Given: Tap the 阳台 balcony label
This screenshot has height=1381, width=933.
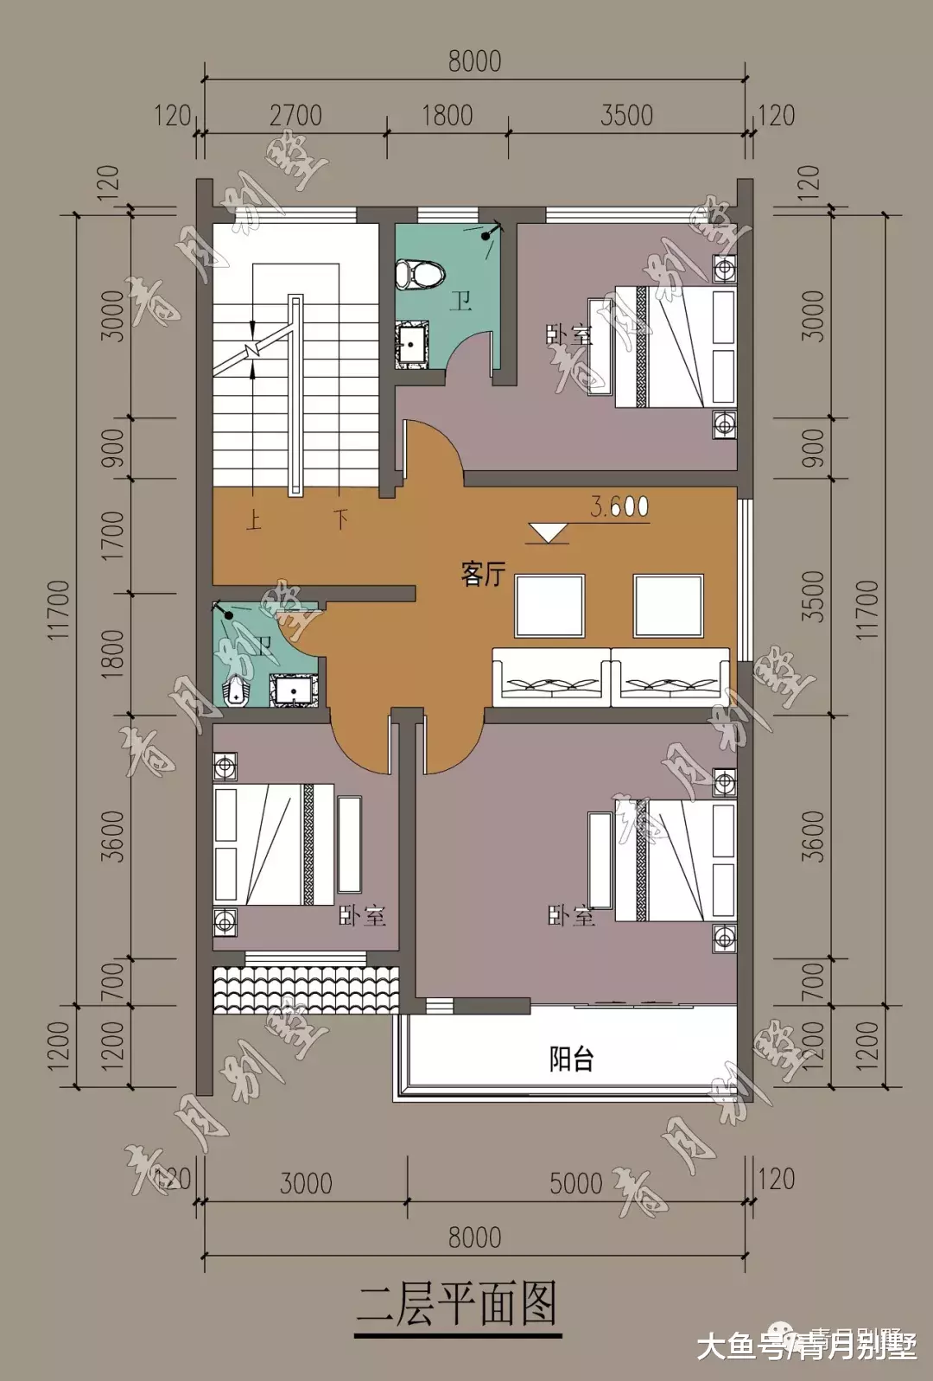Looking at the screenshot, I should click(571, 1059).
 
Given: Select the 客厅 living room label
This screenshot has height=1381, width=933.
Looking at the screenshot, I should click(483, 574).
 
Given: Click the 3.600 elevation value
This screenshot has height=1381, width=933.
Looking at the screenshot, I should click(619, 506).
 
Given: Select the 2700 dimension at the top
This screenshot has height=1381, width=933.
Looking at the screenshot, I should click(295, 116).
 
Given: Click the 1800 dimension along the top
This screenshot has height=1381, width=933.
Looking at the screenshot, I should click(447, 116).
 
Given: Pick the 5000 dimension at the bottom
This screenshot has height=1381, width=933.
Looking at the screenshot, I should click(575, 1183).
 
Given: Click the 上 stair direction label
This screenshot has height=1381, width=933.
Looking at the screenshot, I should click(253, 519).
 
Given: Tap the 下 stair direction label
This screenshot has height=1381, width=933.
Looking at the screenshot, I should click(341, 519).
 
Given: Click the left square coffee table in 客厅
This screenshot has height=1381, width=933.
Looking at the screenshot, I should click(550, 605).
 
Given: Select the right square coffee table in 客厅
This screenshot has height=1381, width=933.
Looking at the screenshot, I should click(668, 605).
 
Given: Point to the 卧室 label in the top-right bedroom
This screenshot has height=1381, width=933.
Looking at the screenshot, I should click(569, 334).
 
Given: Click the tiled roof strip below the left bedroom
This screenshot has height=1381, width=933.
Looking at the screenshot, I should click(306, 990).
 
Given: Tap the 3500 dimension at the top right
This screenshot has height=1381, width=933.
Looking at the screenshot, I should click(626, 116).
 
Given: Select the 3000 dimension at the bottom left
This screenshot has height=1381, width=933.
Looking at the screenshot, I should click(306, 1183).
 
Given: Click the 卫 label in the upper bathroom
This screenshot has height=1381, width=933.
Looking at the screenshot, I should click(460, 302).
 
